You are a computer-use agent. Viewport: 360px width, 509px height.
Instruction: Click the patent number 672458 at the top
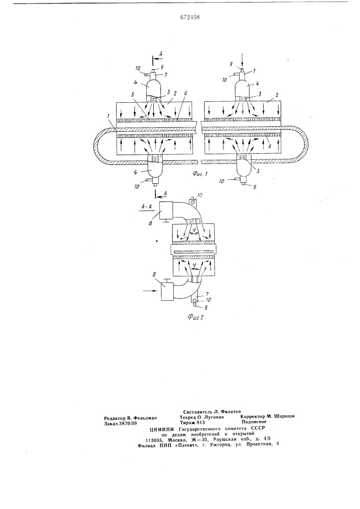click(190, 17)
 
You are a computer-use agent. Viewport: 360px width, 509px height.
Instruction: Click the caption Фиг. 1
click(199, 174)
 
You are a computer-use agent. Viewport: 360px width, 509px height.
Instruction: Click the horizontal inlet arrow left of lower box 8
click(151, 291)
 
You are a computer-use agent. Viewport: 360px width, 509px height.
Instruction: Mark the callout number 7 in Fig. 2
click(200, 295)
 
